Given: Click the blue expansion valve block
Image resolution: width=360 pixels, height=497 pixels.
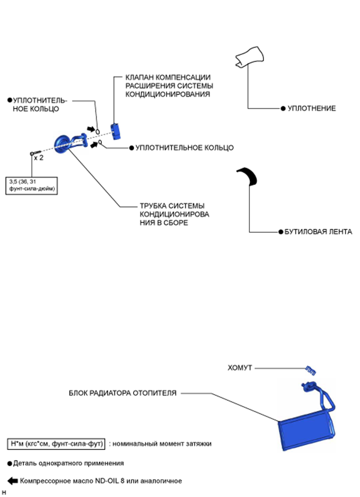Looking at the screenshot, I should click(115, 130).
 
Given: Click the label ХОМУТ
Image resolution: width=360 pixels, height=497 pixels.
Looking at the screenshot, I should click(239, 368).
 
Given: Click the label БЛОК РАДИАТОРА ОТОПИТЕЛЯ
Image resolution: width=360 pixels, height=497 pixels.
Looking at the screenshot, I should click(123, 393).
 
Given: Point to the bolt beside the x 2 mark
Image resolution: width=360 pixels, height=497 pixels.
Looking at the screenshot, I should click(32, 153).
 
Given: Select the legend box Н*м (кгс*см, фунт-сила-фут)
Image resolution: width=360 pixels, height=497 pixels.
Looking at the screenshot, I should click(56, 444).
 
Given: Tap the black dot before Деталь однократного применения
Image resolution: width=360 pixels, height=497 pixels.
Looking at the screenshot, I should click(9, 463).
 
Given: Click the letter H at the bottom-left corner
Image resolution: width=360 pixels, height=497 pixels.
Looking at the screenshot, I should click(4, 492).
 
